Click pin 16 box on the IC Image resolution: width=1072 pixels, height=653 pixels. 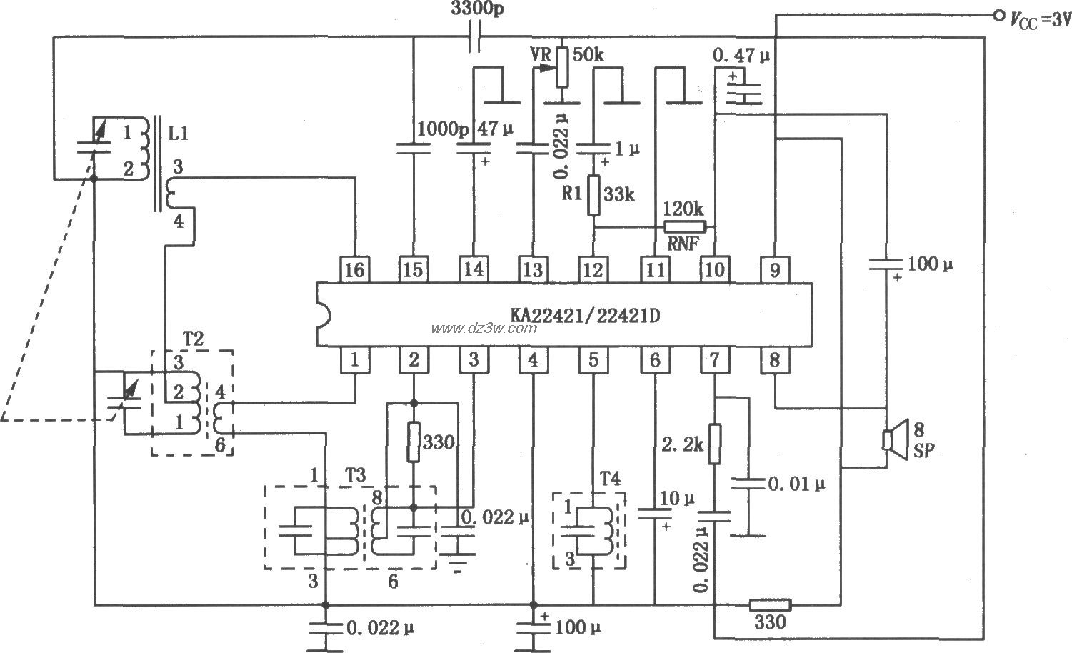point(354,269)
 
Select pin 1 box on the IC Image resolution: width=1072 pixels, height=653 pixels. point(354,360)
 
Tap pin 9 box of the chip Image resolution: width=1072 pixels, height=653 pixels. point(775,269)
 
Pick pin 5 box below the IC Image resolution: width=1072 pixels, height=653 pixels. point(593,360)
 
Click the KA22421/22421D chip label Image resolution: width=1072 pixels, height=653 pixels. point(584,315)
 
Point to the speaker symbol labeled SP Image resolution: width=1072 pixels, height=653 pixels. point(892,440)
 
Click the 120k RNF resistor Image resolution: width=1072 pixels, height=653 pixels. point(684,227)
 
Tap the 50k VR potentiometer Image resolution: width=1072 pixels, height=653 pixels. point(563,65)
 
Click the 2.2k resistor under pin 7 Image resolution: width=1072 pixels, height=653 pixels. point(714,444)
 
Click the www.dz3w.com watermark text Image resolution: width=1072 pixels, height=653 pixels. point(484,328)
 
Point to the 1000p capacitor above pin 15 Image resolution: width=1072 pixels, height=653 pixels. point(413,149)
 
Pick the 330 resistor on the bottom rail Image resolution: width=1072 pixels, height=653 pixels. point(770,605)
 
